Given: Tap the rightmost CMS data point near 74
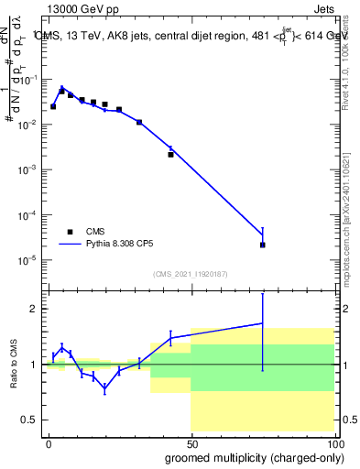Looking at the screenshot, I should pos(263,245).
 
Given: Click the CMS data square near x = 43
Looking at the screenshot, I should pos(171,155).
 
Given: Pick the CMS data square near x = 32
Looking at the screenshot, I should pos(139,122).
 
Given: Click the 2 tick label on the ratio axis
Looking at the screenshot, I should pos(33,309).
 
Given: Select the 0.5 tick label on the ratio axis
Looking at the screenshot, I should pos(29,420).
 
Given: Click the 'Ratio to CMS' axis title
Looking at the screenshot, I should pos(13,364).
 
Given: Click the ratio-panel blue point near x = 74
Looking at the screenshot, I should pos(263,322).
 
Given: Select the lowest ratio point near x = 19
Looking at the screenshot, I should pos(105,388).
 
